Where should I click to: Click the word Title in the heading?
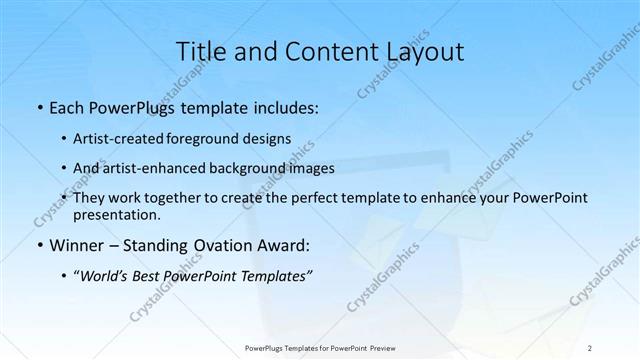click(198, 51)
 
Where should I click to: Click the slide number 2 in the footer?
click(590, 347)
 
